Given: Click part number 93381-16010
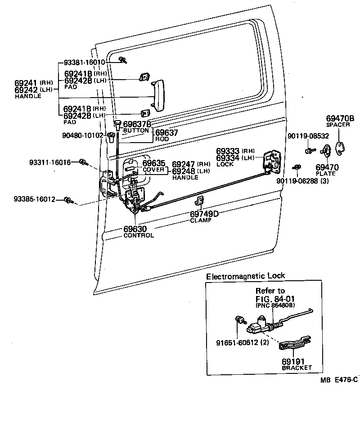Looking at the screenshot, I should [x=84, y=63].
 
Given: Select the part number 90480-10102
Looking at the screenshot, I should [x=84, y=135].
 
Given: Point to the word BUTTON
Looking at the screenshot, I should [x=135, y=130].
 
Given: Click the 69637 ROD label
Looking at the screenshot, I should [x=166, y=135].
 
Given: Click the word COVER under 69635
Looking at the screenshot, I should [x=153, y=170].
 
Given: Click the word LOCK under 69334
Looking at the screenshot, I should [x=225, y=165].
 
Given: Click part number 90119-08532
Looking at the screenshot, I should [x=308, y=135].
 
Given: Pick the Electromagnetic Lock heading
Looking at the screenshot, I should [x=245, y=276].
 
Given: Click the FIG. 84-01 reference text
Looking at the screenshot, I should [x=275, y=298].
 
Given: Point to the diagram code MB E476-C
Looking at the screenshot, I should [x=339, y=380].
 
